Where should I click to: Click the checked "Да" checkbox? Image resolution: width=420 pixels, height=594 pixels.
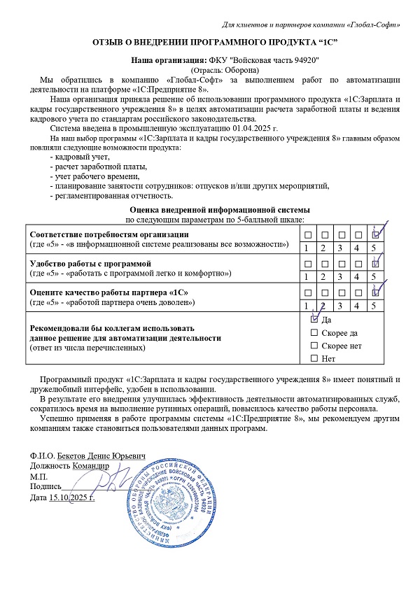314,318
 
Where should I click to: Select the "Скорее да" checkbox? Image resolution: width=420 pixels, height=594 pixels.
314,332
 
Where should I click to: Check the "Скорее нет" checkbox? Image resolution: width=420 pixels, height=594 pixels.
314,346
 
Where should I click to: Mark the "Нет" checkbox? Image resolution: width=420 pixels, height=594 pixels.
314,359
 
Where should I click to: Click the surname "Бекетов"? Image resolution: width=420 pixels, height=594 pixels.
74,455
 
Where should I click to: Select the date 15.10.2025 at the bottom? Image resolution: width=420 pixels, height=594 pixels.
71,497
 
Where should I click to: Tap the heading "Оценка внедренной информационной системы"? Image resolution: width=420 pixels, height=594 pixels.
210,210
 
